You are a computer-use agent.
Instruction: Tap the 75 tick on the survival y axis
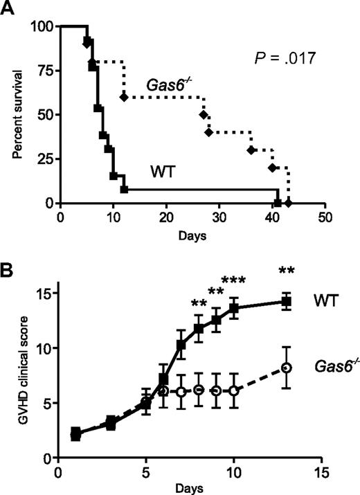(x=47, y=71)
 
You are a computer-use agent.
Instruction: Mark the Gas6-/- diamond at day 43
(x=288, y=203)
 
